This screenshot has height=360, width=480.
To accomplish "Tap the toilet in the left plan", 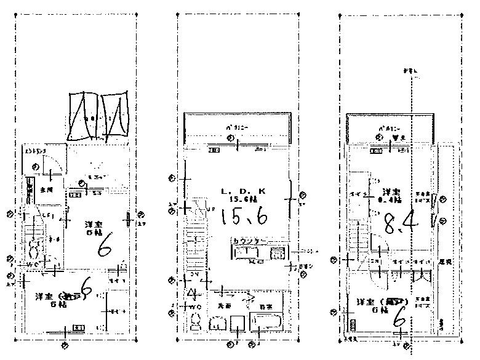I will (34, 252).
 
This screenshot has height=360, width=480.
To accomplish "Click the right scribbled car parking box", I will (114, 116).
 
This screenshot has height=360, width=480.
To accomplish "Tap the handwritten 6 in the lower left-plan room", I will (86, 288).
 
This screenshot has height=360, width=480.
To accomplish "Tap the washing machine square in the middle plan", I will (237, 322).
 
